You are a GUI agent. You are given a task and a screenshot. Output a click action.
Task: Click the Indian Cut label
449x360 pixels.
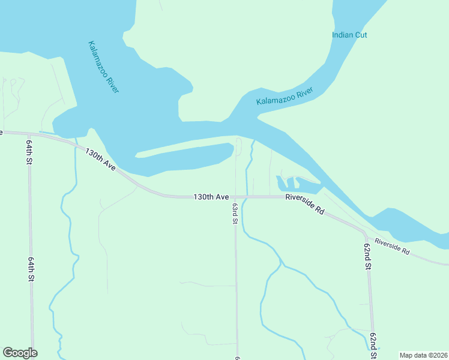point(349,35)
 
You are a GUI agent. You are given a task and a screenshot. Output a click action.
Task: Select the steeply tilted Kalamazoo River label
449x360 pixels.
point(103,67)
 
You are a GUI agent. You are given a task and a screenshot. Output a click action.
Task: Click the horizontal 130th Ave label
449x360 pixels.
point(211,197)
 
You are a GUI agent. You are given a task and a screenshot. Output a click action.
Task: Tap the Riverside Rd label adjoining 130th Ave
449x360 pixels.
point(305,205)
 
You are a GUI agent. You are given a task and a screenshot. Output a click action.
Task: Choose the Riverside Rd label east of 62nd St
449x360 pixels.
point(392,247)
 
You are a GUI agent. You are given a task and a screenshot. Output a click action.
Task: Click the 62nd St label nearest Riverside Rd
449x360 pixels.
point(367,256)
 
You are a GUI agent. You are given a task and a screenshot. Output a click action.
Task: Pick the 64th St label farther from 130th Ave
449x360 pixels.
point(31,270)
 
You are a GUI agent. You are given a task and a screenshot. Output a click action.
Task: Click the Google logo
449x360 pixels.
point(20,353)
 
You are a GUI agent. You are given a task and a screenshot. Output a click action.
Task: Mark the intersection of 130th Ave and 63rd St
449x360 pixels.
point(235,197)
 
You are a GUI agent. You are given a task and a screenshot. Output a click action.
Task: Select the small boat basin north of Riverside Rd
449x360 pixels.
point(294,184)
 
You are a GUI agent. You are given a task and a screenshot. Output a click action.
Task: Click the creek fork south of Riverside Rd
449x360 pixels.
point(280,262)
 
